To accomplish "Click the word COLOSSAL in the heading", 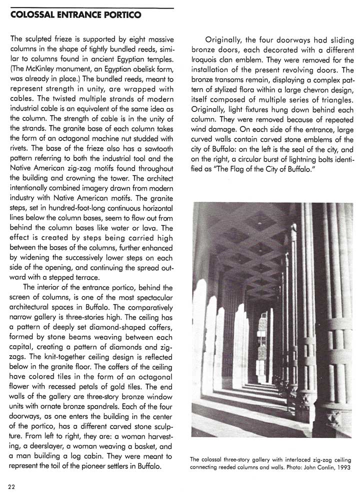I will [x=31, y=15].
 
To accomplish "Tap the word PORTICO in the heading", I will [x=122, y=15].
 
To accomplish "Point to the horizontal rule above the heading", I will [x=92, y=8].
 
